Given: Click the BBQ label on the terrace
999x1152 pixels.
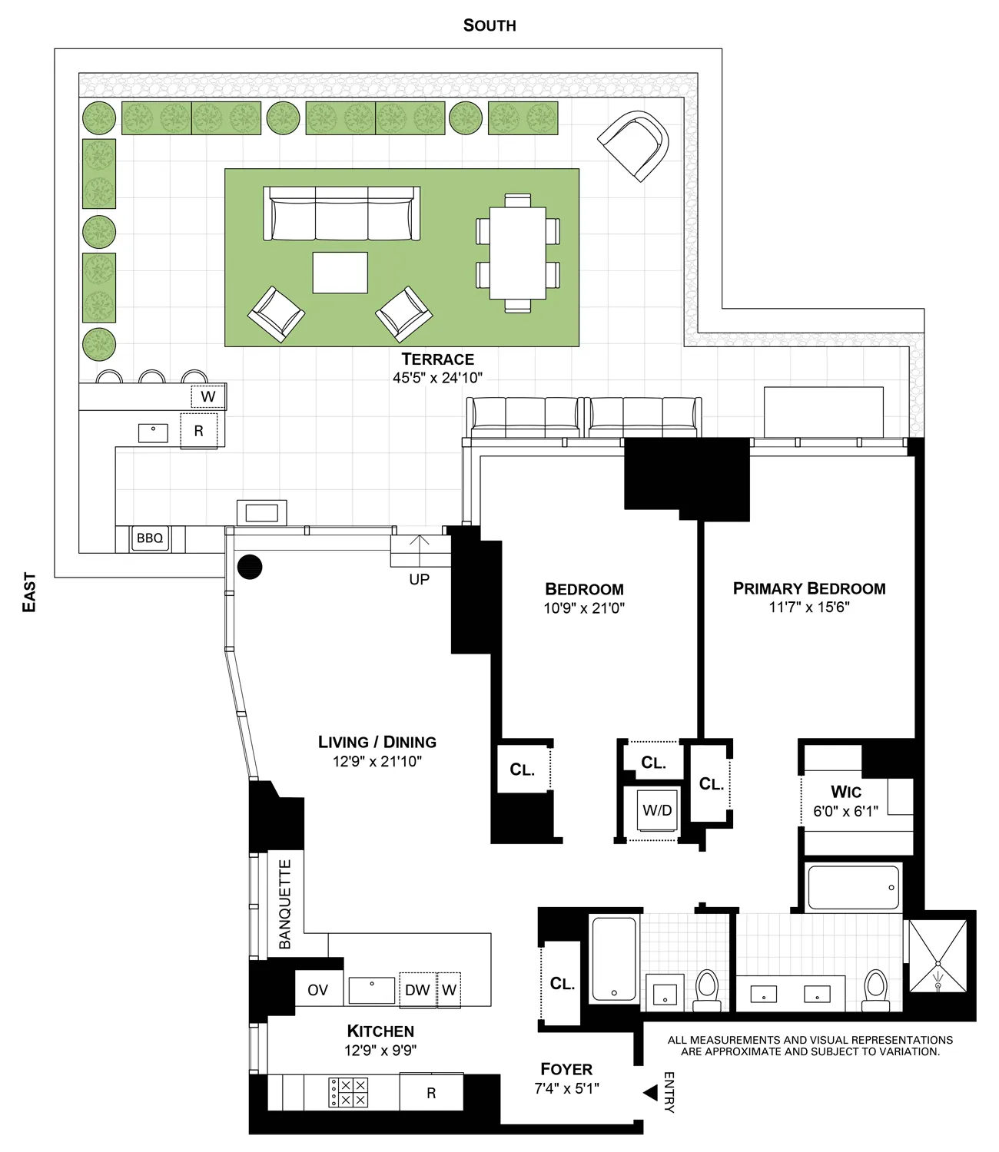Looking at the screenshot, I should pos(150,538).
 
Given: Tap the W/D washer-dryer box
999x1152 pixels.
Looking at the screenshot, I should pos(657,810).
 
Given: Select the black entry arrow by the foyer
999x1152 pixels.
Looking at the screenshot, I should pos(650,1092).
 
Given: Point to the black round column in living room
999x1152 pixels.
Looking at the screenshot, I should pos(250,567).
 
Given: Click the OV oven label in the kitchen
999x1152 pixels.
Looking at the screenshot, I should pos(317,990).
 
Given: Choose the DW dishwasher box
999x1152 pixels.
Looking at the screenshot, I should pos(417,990).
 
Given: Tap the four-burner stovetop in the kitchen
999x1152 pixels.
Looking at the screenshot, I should pos(348,1092).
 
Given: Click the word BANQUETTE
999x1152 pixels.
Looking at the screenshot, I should pos(285,904).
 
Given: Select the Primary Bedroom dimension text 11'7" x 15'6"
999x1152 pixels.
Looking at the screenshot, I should pos(809,607).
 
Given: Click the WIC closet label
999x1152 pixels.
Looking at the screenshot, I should pos(845,792).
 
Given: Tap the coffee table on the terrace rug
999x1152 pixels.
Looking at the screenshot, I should pos(340,273).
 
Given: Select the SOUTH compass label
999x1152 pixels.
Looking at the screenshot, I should pos(490,25).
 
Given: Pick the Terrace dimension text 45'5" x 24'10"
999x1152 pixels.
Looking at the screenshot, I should pos(437,378).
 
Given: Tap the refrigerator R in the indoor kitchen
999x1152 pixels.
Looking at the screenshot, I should pos(431,1093).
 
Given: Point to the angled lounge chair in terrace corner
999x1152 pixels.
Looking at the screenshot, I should pos(635,144).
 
